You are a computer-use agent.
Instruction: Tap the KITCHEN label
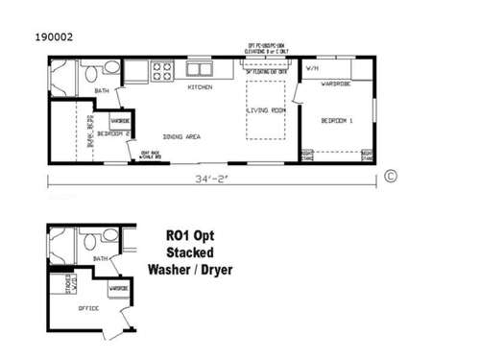[x=200, y=87]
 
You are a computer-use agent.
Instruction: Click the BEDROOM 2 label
[x=110, y=134]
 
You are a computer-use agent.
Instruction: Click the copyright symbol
[x=390, y=176]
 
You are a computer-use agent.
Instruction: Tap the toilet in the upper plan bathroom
[x=110, y=69]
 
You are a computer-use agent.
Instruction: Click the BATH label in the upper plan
[x=102, y=91]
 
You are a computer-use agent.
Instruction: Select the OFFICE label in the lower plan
[x=88, y=308]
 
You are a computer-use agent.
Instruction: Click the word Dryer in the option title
[x=216, y=269]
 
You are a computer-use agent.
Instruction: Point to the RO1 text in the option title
[x=177, y=234]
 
